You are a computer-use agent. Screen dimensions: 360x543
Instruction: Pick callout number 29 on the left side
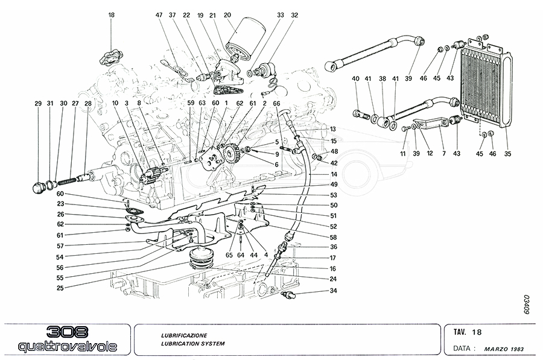(x=37, y=104)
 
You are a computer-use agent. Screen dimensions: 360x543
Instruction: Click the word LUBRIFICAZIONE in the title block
(x=184, y=335)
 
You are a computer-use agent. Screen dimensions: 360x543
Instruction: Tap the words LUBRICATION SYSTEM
(x=192, y=343)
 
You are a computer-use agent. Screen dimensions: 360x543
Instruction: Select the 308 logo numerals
(x=67, y=333)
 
